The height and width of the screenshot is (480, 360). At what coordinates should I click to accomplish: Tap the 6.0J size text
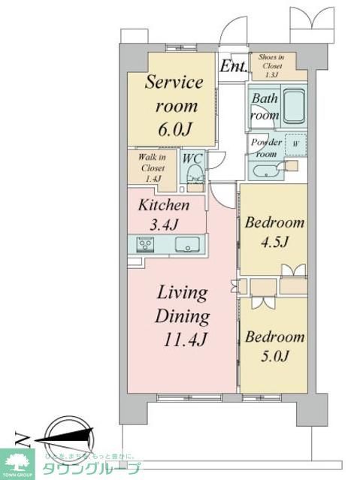(174, 128)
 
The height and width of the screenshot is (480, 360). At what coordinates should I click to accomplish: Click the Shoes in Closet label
(271, 65)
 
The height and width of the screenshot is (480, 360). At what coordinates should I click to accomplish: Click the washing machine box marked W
(295, 144)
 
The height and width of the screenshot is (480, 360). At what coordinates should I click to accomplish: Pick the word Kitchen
(162, 205)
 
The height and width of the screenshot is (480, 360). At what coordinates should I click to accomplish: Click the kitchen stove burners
(144, 244)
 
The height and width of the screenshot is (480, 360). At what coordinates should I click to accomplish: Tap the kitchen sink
(186, 244)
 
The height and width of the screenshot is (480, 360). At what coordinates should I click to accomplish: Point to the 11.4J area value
(182, 339)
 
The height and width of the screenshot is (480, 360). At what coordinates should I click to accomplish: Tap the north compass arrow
(60, 438)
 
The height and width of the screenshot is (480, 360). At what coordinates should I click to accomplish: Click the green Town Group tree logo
(17, 463)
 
